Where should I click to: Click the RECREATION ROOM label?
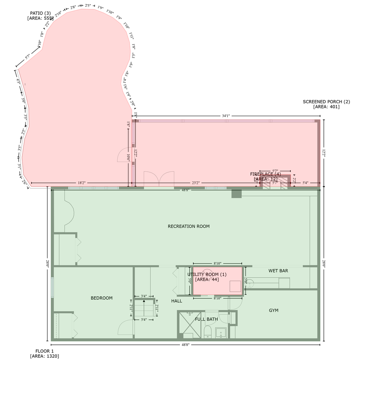click(188, 226)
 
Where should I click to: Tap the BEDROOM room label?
click(101, 298)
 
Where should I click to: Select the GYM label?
click(273, 310)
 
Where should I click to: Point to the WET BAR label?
click(278, 271)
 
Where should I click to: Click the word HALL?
click(177, 301)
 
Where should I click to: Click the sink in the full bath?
click(221, 333)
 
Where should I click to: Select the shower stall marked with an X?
click(190, 325)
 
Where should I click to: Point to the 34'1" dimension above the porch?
click(226, 116)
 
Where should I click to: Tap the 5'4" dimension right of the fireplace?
click(306, 183)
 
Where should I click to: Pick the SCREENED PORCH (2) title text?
click(326, 102)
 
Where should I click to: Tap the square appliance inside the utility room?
click(235, 286)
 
